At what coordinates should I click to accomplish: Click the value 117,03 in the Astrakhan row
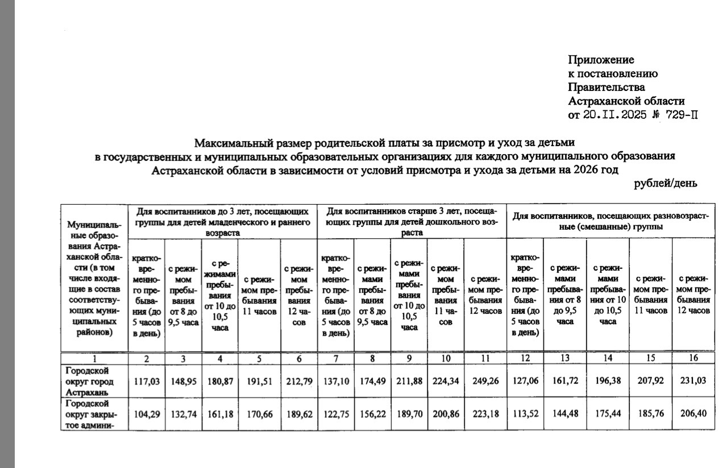pos(147,380)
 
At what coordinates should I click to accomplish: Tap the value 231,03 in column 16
pos(693,380)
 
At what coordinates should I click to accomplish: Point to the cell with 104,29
pos(147,413)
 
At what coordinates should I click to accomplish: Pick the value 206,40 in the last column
pos(693,413)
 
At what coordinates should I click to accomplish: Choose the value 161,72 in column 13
pos(564,380)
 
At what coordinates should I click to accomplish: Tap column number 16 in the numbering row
pos(693,358)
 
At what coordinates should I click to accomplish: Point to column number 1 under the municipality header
pos(95,358)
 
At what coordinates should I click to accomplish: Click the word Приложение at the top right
pos(601,60)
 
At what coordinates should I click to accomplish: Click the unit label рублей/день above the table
pos(665,183)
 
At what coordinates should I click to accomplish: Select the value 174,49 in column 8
pos(372,380)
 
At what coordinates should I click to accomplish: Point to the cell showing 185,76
pos(650,413)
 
